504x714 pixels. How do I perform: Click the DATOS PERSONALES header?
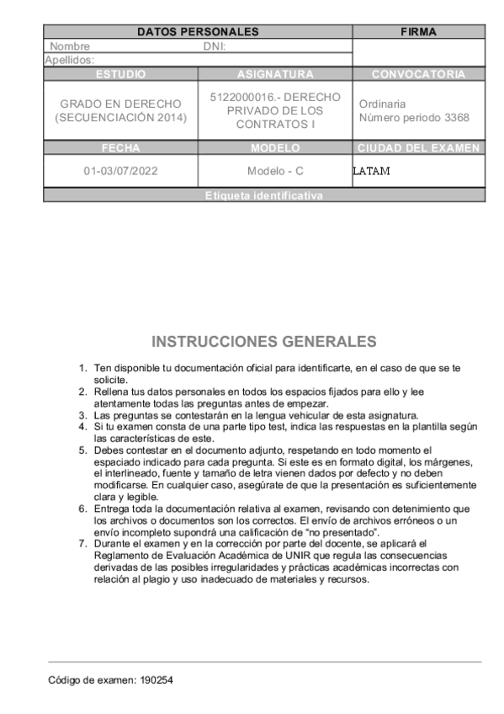[x=198, y=32]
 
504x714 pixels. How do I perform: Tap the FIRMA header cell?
[x=418, y=32]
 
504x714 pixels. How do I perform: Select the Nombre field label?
[x=70, y=46]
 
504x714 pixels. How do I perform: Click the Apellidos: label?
[x=69, y=60]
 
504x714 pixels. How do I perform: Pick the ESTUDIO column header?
[x=120, y=74]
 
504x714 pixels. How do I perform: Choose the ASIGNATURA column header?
[x=275, y=74]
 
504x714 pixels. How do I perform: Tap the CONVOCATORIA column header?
[x=418, y=74]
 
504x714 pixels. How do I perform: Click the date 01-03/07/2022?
[x=120, y=171]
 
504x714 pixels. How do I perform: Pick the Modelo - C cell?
[x=275, y=171]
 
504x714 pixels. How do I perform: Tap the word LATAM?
[x=371, y=171]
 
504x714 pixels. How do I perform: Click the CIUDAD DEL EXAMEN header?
[x=418, y=148]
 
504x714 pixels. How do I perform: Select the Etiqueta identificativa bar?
[x=264, y=195]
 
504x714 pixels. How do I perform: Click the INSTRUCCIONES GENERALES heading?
[x=264, y=342]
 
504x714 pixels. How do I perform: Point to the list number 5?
[x=82, y=450]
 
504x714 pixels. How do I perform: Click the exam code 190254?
[x=157, y=679]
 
